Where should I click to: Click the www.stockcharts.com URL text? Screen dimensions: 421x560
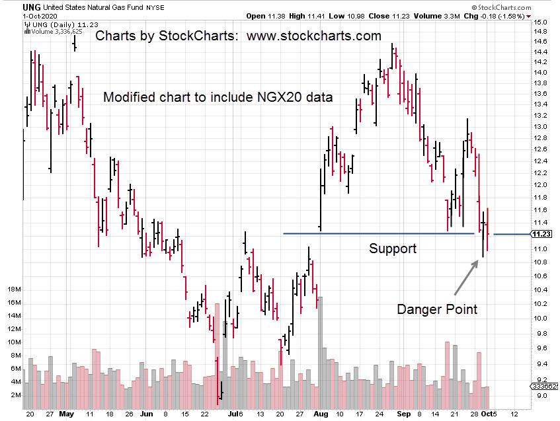314,36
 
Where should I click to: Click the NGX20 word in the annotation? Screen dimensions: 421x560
278,97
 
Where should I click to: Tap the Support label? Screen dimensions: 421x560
393,249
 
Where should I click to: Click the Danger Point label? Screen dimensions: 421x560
436,309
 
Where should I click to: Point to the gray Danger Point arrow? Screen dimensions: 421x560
465,277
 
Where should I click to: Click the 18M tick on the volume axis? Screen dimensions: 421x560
14,289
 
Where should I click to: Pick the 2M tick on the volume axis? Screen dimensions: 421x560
15,395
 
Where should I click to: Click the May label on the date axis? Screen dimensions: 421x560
66,414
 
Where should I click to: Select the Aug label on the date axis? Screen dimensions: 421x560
321,414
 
